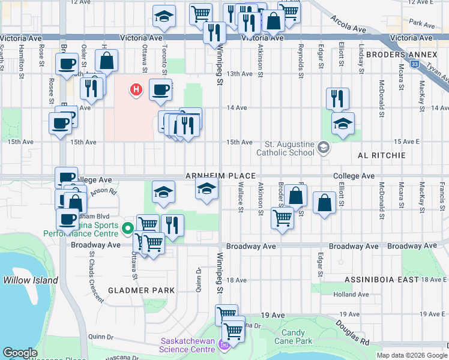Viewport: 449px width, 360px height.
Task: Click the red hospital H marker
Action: pos(137,90)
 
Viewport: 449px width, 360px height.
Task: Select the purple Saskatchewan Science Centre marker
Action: pos(224,344)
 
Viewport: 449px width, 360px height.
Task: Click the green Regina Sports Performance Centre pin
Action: pos(127,228)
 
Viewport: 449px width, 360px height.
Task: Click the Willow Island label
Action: pos(31,280)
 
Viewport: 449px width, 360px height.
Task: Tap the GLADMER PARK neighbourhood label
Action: pos(141,290)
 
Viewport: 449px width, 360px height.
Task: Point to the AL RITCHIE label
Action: pos(382,155)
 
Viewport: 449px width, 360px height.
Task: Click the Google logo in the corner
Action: pos(20,353)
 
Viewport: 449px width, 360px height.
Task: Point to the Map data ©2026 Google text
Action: pos(412,355)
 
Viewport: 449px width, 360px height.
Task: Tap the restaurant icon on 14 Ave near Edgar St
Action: pos(337,97)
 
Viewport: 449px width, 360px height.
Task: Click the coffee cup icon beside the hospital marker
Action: pos(160,90)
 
